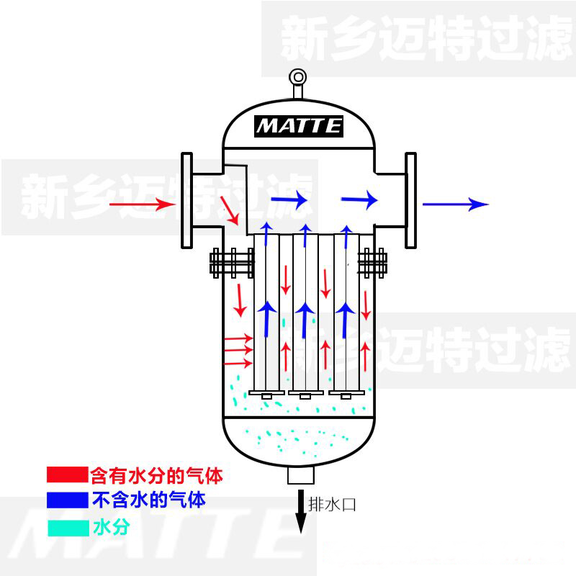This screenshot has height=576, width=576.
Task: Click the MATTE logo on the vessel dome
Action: (x=299, y=127)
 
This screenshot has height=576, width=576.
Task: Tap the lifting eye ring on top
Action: (x=298, y=78)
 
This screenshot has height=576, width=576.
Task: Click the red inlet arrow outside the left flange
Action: (x=142, y=204)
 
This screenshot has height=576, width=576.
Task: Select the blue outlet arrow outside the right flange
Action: (x=456, y=204)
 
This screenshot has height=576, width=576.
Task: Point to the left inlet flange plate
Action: (x=187, y=201)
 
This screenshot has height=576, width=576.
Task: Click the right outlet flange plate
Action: (x=410, y=201)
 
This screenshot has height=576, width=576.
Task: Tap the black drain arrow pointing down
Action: (x=301, y=511)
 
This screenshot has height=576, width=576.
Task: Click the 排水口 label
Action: (x=332, y=505)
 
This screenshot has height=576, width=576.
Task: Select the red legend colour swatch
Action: (x=68, y=474)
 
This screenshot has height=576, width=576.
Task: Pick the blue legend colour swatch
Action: (x=68, y=500)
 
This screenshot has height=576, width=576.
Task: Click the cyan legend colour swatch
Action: (x=68, y=528)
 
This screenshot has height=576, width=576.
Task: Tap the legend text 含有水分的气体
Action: (x=157, y=476)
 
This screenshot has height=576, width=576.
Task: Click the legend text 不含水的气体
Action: (x=149, y=500)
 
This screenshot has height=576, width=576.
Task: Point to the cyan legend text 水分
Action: (x=112, y=528)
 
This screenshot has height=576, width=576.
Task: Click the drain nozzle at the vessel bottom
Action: (x=301, y=475)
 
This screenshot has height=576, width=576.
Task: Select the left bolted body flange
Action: (x=232, y=263)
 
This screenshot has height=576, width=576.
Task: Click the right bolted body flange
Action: (x=372, y=263)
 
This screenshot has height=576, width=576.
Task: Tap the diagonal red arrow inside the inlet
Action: (x=230, y=210)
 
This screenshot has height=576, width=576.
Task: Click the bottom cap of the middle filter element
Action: (x=305, y=394)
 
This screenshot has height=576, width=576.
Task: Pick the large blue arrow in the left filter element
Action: (x=266, y=319)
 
